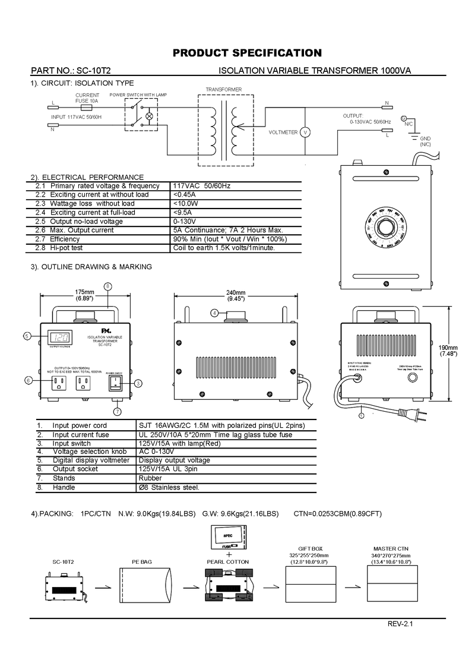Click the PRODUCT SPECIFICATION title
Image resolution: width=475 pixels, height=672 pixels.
point(246,53)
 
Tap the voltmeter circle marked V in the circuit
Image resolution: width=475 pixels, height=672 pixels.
point(305,132)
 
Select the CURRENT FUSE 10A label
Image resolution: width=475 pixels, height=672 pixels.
point(87,98)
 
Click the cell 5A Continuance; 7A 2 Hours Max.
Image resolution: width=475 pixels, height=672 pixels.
point(227,230)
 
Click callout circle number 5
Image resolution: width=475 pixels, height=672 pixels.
point(27,336)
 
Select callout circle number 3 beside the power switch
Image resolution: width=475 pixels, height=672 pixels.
point(137,383)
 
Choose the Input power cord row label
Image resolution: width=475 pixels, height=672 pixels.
point(80,425)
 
